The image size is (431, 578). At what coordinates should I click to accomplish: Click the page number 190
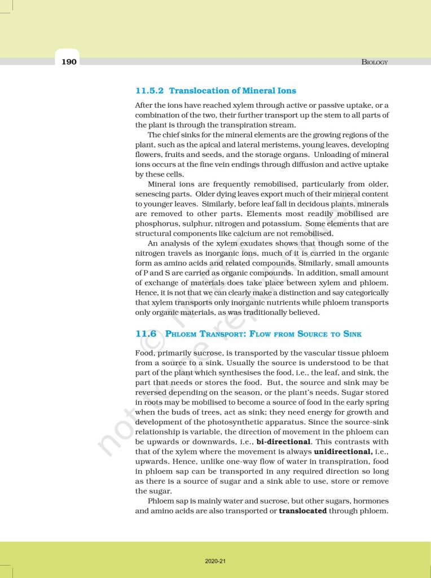[69, 61]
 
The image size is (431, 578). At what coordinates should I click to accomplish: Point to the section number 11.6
[146, 334]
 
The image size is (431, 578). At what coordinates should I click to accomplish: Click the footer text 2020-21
[215, 561]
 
